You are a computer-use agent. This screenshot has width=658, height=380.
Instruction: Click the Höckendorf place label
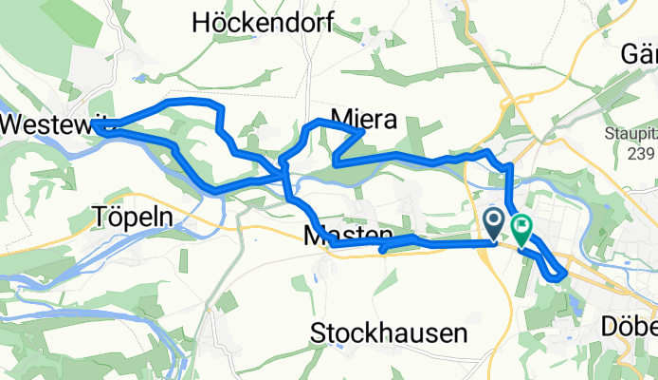(x=263, y=24)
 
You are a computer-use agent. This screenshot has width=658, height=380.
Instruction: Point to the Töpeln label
(x=133, y=217)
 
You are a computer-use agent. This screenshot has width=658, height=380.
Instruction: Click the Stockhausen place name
(x=389, y=333)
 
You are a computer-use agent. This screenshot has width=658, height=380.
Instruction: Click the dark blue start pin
(x=495, y=223)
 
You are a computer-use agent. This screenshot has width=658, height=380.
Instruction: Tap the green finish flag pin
(x=521, y=228)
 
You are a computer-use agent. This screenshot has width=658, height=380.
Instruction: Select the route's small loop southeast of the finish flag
(x=550, y=266)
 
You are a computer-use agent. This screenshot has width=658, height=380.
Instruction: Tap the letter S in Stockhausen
(x=320, y=333)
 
